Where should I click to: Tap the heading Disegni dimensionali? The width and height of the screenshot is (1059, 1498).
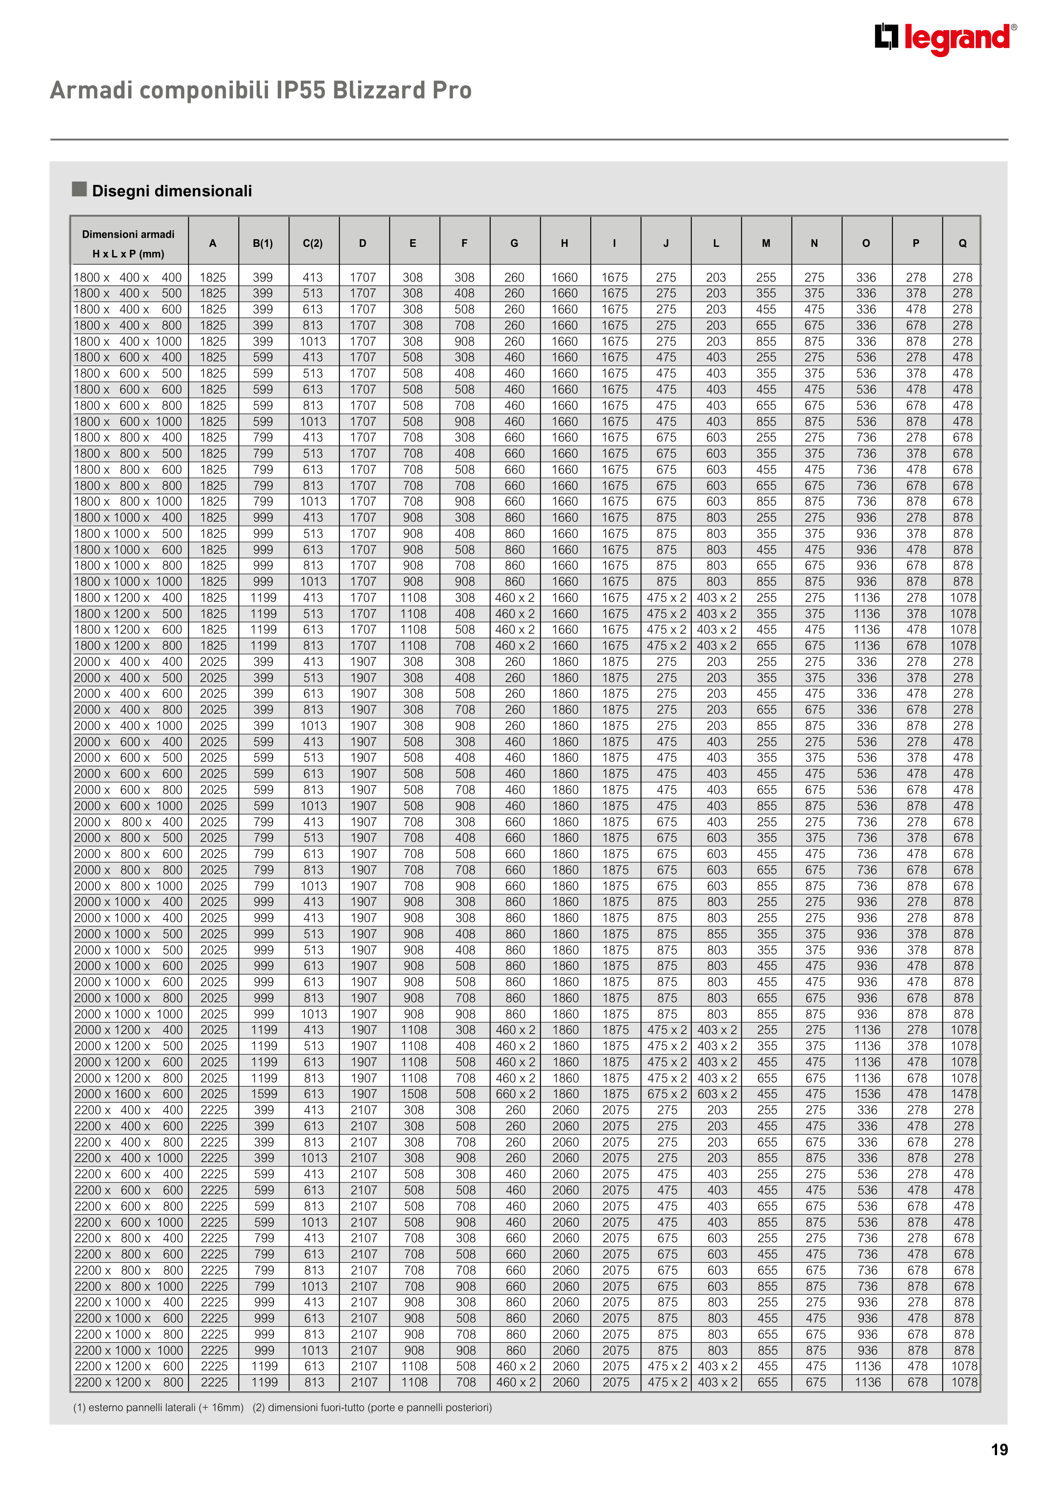tap(172, 191)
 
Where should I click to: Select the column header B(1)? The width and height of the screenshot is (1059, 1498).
tap(263, 243)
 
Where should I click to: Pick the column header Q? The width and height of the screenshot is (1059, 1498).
tap(962, 243)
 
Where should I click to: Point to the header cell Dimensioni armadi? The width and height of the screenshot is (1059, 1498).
tap(129, 234)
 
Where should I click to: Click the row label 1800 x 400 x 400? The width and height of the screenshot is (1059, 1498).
tap(128, 277)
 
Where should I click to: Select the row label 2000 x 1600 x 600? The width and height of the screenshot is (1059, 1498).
tap(129, 1094)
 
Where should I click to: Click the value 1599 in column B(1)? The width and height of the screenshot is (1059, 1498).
tap(264, 1094)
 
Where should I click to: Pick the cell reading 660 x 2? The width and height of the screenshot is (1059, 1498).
tap(515, 1094)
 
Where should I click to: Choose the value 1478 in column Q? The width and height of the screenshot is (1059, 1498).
tap(964, 1094)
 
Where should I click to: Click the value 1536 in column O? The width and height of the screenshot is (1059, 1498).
tap(867, 1094)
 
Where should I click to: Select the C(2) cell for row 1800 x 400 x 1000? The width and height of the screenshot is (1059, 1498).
tap(313, 341)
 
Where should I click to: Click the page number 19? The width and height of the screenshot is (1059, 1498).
tap(999, 1450)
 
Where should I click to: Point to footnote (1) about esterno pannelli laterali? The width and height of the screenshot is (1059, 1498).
tap(158, 1407)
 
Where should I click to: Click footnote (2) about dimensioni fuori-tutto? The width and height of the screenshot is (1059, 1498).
tap(372, 1407)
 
